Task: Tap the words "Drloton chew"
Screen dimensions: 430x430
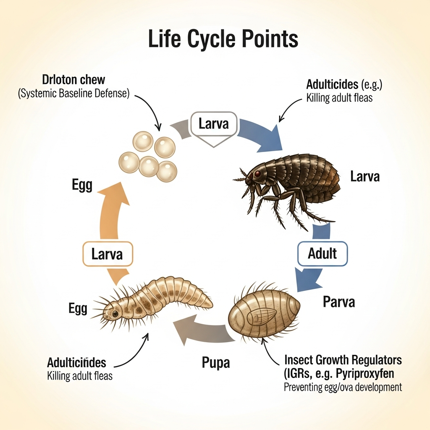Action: pos(73,79)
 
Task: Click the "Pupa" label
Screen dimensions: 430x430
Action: pos(215,362)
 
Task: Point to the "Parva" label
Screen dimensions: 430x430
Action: pos(338,302)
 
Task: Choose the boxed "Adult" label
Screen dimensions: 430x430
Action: pos(322,254)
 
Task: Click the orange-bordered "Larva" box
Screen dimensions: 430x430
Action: pos(108,254)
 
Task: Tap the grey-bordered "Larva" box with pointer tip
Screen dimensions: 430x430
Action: pos(214,124)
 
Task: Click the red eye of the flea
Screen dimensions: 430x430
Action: pos(257,173)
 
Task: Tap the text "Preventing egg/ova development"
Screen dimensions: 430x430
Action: pos(343,387)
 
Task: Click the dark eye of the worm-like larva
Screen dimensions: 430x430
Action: pos(115,313)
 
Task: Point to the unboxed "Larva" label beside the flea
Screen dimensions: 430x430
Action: pos(364,176)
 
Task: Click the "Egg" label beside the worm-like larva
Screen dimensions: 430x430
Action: pos(78,309)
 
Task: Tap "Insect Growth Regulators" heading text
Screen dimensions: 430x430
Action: pos(343,360)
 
